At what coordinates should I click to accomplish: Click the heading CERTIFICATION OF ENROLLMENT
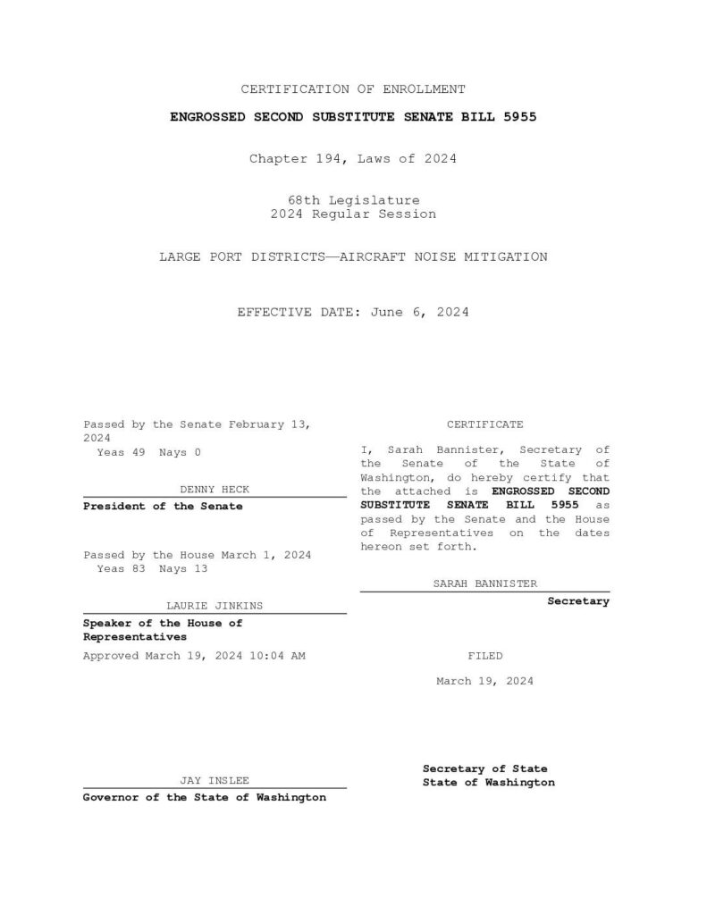point(353,89)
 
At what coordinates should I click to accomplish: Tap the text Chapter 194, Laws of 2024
point(353,159)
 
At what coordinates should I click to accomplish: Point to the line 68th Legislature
point(353,200)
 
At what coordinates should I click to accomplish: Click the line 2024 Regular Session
point(353,214)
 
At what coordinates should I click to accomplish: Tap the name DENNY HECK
point(215,490)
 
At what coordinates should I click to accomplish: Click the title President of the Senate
point(163,507)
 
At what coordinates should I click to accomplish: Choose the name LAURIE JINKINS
point(215,606)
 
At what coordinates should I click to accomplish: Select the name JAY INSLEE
point(215,780)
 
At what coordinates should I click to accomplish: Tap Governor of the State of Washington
point(205,797)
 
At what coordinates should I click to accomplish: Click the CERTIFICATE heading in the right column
point(485,424)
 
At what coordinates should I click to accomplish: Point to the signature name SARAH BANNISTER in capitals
point(485,583)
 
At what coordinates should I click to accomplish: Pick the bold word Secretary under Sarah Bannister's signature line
point(578,601)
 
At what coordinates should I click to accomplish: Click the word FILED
point(485,656)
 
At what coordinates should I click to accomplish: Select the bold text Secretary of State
point(485,768)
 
